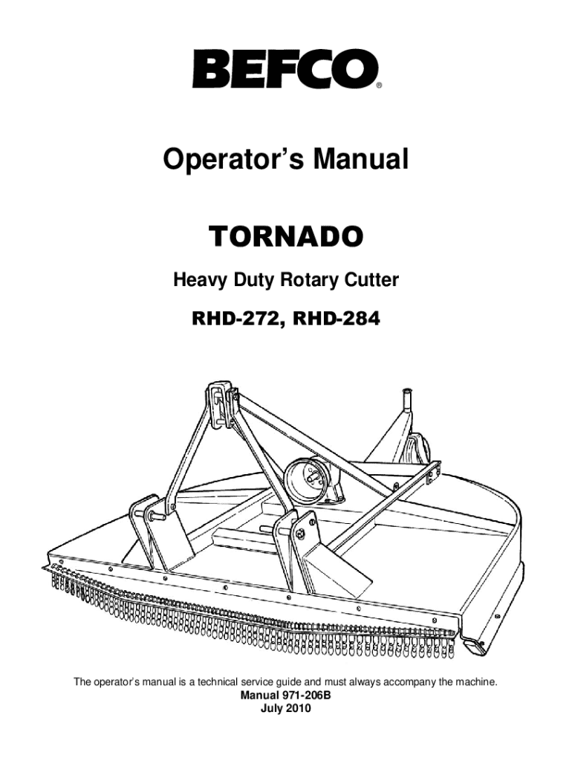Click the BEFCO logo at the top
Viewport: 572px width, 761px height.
coord(285,68)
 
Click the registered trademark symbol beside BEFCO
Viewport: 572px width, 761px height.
coord(379,85)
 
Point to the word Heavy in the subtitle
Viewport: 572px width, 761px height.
coord(196,281)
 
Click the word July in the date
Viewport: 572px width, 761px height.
coord(273,707)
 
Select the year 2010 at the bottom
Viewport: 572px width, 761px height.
coord(299,707)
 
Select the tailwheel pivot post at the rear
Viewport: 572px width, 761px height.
coord(407,405)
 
